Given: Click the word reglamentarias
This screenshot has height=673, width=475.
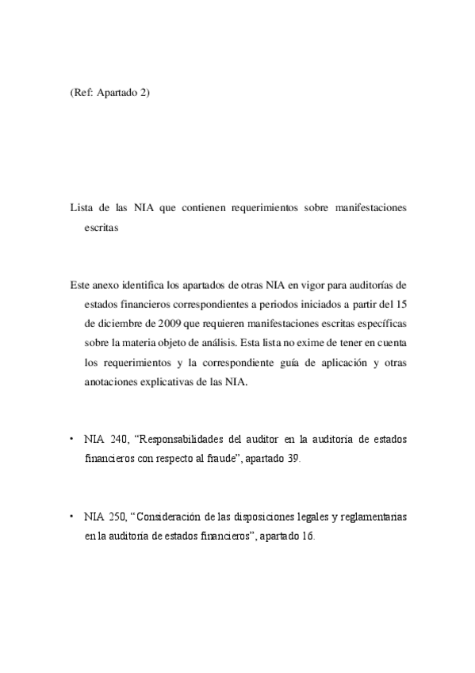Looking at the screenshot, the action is coord(373,517).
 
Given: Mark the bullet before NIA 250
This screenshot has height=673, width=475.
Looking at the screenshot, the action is coord(71,517).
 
